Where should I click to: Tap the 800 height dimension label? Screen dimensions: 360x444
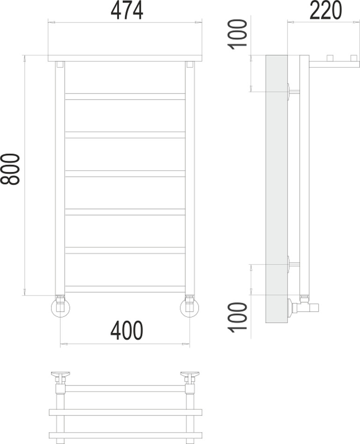(x=10, y=169)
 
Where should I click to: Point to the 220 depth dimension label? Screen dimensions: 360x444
(x=326, y=10)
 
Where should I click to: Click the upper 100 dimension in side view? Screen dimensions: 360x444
(x=238, y=34)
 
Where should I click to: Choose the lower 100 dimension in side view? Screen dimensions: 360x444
(x=238, y=317)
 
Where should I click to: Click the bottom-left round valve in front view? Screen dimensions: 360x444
(x=60, y=308)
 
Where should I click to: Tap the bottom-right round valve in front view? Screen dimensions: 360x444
(x=189, y=308)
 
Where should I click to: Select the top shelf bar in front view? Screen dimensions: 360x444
(x=125, y=58)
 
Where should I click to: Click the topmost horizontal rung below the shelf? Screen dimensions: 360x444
(x=125, y=96)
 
